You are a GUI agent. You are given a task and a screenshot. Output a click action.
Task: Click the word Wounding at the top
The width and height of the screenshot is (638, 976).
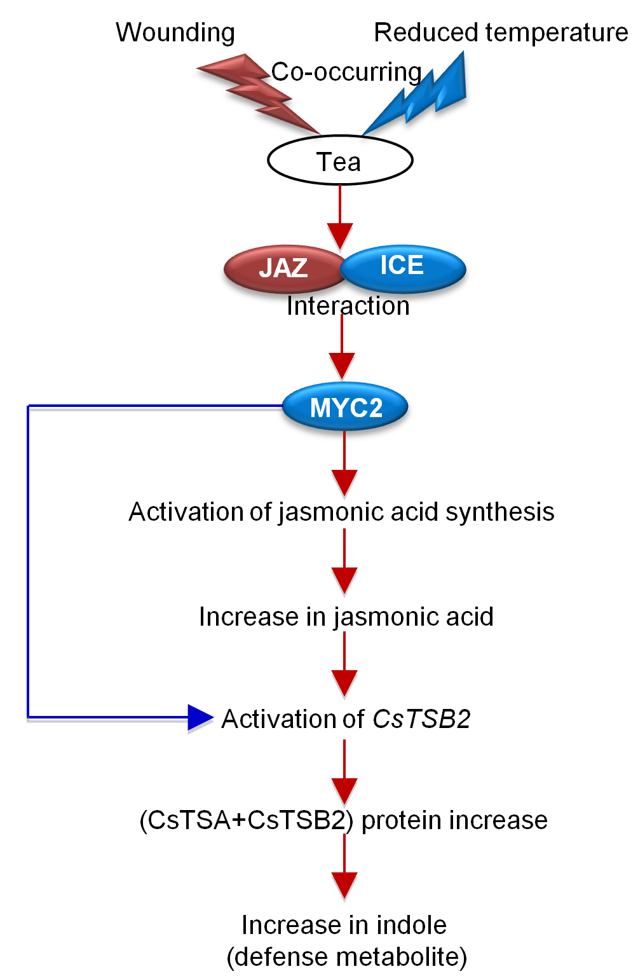(175, 32)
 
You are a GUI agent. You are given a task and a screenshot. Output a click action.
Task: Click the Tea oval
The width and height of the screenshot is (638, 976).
(340, 161)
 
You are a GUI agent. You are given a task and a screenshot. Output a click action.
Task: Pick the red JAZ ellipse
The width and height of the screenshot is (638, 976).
(283, 268)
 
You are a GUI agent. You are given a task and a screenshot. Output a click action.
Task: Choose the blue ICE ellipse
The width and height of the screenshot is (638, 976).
(403, 267)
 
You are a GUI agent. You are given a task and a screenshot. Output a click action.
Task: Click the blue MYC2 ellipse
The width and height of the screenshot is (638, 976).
(345, 407)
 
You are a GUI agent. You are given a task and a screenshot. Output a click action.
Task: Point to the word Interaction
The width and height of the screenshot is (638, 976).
(348, 306)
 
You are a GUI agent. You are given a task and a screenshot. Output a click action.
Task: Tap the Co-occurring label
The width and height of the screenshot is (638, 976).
(346, 72)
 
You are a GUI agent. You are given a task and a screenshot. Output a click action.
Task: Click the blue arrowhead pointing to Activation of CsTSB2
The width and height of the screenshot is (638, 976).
(200, 718)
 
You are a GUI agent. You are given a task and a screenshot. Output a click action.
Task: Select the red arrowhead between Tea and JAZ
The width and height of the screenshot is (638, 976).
(340, 235)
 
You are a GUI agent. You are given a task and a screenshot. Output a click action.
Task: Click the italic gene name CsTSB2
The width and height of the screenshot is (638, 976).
(421, 719)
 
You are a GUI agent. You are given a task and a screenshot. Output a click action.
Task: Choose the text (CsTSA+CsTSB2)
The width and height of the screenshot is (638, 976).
(246, 820)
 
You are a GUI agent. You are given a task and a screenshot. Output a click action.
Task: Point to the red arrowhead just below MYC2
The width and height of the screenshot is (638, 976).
(344, 482)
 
